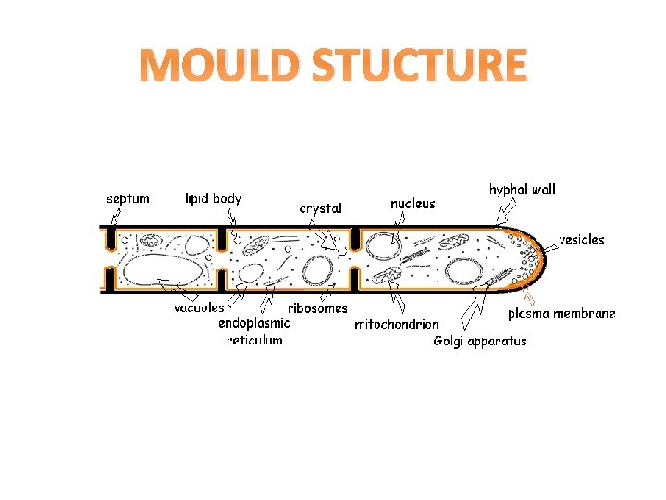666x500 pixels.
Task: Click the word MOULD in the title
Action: (218, 67)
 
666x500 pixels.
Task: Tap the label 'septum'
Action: (128, 198)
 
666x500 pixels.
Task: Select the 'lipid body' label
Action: (213, 198)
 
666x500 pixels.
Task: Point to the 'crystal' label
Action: (320, 208)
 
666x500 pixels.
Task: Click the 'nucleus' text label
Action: (413, 203)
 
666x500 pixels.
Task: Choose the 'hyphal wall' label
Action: (523, 189)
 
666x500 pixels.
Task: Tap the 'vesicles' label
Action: (582, 239)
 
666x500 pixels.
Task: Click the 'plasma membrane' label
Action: (561, 314)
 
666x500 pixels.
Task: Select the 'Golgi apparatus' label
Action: (480, 341)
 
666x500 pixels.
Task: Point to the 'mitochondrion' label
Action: (397, 325)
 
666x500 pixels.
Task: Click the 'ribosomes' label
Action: (318, 308)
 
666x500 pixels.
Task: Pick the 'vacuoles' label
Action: (199, 307)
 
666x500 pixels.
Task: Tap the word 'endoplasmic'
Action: (254, 323)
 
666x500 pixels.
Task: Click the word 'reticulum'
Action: (254, 340)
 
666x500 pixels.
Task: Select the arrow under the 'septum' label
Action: (115, 218)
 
